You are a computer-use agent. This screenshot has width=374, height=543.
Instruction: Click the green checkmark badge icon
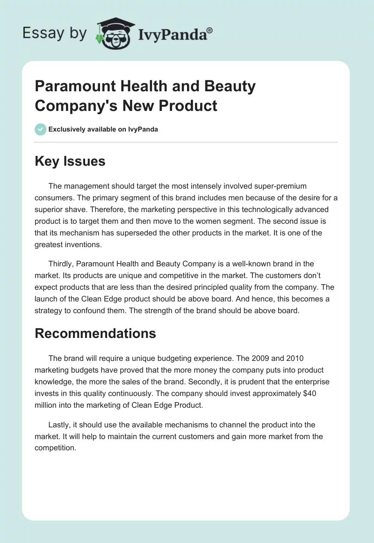(x=41, y=129)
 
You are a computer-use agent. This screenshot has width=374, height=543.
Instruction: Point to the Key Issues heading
(x=70, y=161)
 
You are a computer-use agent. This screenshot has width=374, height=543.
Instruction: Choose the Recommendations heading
(x=95, y=333)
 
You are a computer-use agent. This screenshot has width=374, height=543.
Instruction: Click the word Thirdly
(x=62, y=264)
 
